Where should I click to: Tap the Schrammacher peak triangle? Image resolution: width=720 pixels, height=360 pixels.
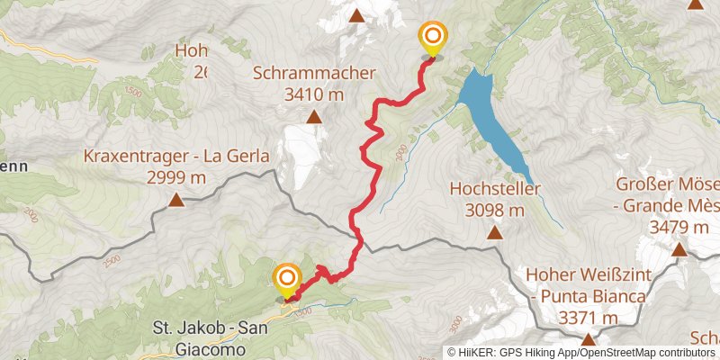[x=314, y=116]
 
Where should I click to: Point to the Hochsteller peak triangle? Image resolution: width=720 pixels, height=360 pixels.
[x=494, y=234]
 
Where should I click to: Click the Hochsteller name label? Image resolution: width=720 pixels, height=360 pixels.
[x=494, y=189]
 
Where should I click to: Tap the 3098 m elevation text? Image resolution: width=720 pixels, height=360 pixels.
[x=494, y=210]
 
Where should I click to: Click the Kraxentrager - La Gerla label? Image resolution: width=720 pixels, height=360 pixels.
[x=176, y=157]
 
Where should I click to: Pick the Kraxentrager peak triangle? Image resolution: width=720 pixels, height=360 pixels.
[x=176, y=202]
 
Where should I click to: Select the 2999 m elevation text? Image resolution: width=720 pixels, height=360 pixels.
[x=176, y=177]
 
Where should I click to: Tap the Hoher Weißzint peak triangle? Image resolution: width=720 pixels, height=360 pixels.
[x=588, y=339]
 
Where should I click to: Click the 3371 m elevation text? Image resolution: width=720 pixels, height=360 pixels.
[x=588, y=317]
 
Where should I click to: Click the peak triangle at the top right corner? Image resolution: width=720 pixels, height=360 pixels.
[x=695, y=4]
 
